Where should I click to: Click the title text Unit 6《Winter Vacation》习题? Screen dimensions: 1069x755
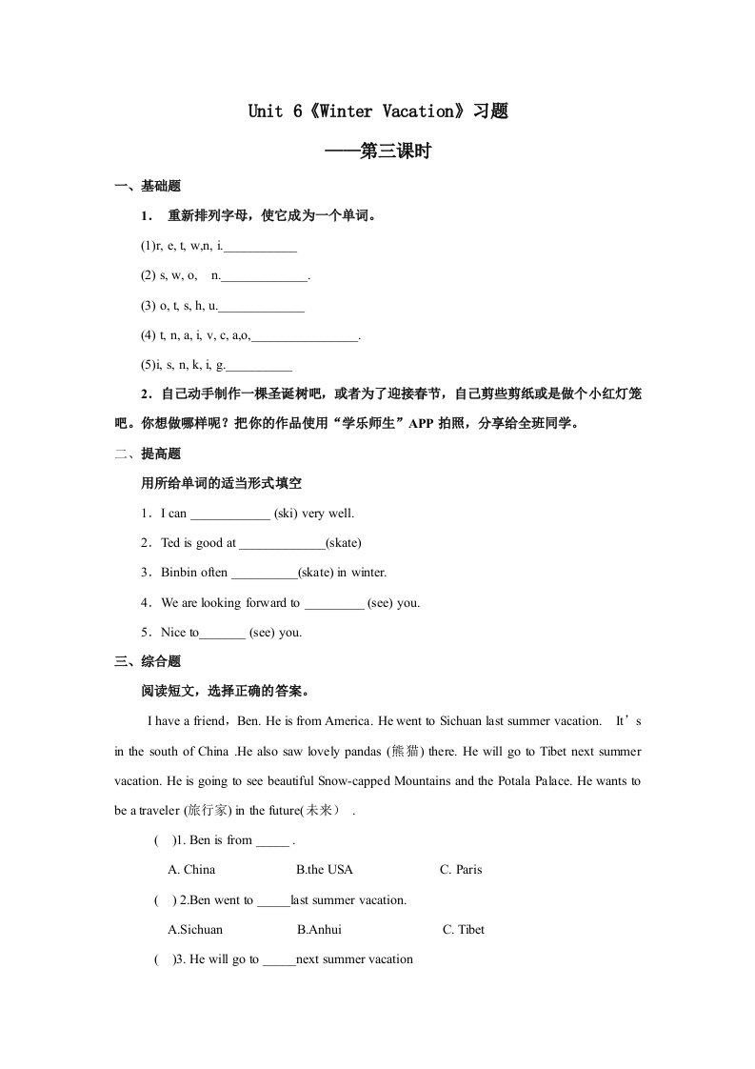[377, 111]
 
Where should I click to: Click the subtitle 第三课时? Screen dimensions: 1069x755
[378, 151]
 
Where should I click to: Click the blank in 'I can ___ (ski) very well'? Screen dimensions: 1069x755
[230, 514]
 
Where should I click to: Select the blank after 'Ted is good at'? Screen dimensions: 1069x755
[282, 544]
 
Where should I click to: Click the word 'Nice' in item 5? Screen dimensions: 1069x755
[174, 633]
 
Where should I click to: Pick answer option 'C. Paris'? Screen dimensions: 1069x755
[461, 870]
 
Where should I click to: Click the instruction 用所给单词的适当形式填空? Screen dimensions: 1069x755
[222, 484]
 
